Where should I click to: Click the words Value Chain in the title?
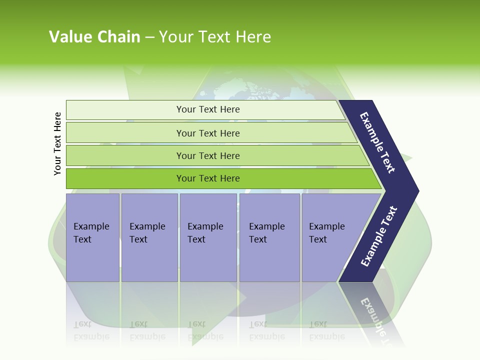pyautogui.click(x=94, y=36)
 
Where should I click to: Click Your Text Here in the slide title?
pyautogui.click(x=215, y=36)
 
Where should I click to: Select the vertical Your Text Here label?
pyautogui.click(x=57, y=143)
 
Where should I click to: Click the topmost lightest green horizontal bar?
pyautogui.click(x=208, y=109)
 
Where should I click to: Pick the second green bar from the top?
pyautogui.click(x=208, y=133)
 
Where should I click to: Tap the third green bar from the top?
pyautogui.click(x=208, y=155)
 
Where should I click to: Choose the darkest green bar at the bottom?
pyautogui.click(x=208, y=178)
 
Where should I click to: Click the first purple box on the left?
pyautogui.click(x=92, y=237)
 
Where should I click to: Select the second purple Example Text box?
pyautogui.click(x=149, y=237)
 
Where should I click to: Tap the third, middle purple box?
pyautogui.click(x=208, y=237)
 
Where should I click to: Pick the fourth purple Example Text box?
pyautogui.click(x=269, y=237)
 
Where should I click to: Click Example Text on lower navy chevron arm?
pyautogui.click(x=379, y=236)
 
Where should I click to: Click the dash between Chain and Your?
pyautogui.click(x=149, y=37)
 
